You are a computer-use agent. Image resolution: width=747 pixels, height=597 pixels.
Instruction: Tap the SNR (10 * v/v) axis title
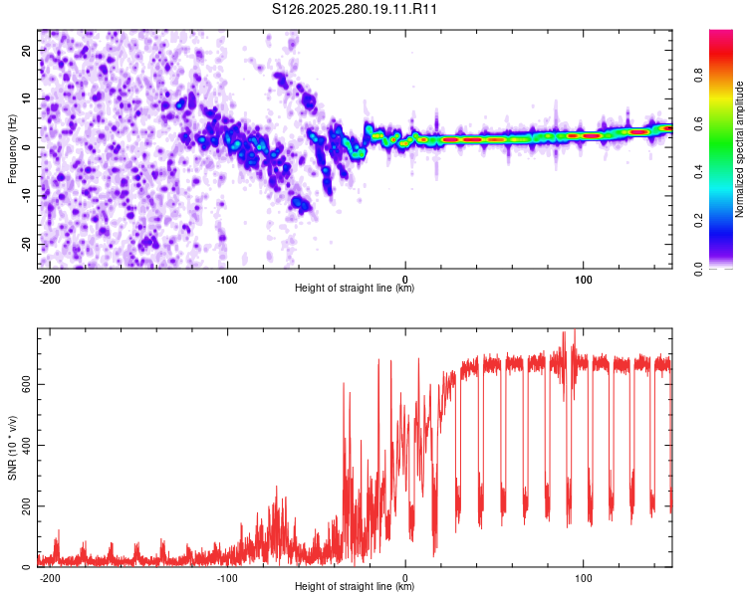pos(12,448)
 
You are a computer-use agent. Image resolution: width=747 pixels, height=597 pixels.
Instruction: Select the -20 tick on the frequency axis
pos(26,244)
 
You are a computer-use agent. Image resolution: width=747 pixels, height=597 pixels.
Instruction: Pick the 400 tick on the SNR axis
pos(23,446)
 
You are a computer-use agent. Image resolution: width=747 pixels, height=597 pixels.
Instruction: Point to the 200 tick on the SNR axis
pos(23,506)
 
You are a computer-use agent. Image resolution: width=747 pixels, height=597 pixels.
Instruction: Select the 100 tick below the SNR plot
pos(583,577)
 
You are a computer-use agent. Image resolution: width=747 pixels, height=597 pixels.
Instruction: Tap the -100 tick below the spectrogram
pos(227,279)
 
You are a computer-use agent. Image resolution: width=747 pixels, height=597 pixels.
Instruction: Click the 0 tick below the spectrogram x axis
pos(405,279)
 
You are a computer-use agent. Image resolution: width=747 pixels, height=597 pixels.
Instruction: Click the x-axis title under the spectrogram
pos(355,289)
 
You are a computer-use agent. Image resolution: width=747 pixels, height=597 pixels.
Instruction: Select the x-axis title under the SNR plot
pos(355,587)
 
